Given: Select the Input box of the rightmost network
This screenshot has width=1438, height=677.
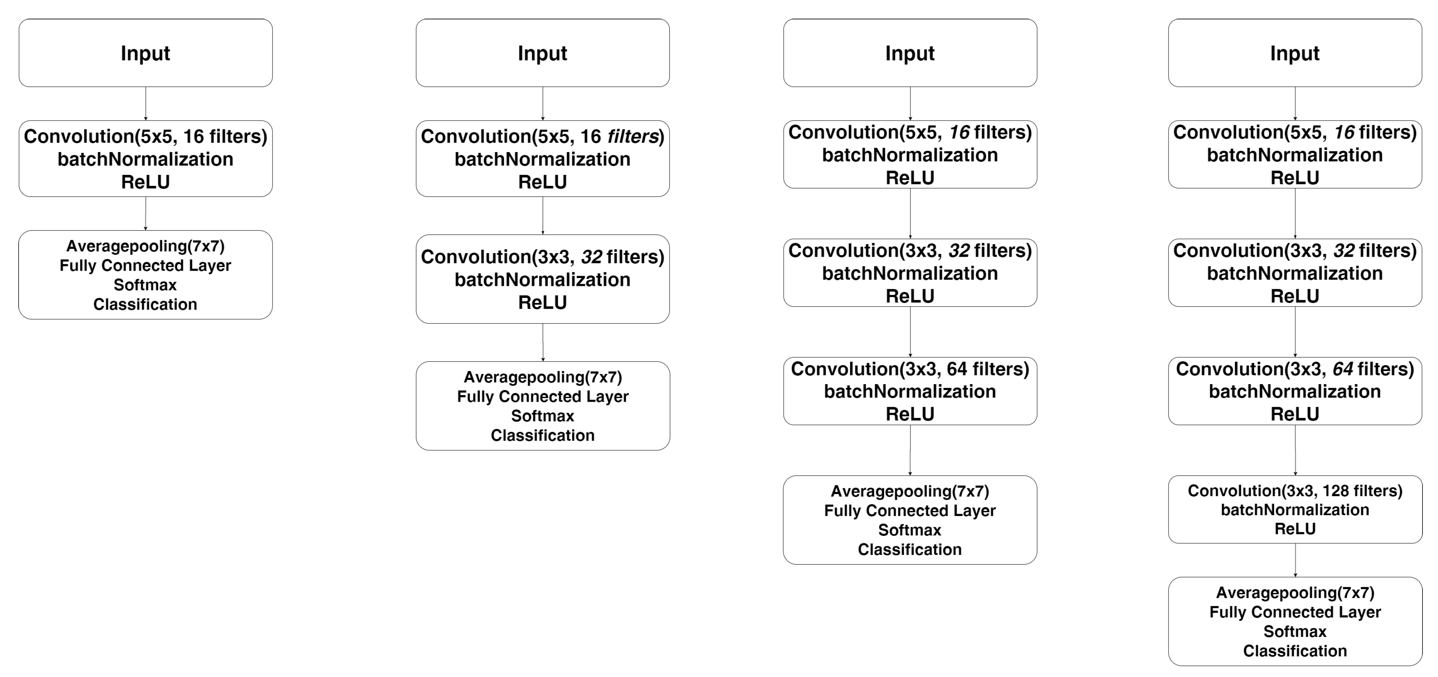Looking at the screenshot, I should pos(1295,52).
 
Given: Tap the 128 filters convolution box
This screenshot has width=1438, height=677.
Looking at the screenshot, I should pos(1295,509).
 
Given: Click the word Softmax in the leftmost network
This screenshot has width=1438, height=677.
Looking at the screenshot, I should pos(145,285).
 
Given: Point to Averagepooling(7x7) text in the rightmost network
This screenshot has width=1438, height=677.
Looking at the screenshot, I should pos(1295,593).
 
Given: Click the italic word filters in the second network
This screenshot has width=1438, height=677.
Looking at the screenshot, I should pos(633,136).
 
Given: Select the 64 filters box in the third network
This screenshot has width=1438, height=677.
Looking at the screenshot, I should pos(910,391).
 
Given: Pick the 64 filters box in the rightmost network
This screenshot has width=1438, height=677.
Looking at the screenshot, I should pos(1295,391).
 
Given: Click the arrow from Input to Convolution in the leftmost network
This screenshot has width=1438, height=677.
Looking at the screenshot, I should pos(146,103).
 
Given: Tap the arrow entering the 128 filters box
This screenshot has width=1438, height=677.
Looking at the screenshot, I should pos(1295,450).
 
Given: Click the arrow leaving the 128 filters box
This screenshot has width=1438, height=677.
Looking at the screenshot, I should pos(1295,560).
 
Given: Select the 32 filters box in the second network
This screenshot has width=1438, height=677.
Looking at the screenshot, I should pos(543,279).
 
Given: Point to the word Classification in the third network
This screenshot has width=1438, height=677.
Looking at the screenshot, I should pos(910,549).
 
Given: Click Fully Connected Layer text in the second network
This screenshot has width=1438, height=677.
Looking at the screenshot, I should pos(543,397).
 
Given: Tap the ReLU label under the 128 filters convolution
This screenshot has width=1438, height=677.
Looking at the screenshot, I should pos(1295,529).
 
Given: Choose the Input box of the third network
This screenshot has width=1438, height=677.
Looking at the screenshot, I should pos(910,52).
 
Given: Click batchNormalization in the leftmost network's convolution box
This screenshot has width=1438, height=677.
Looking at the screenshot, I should pos(145,159).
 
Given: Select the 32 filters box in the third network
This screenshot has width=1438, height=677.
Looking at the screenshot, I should pos(910,273).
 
